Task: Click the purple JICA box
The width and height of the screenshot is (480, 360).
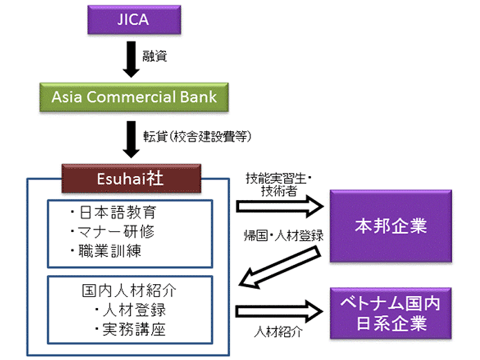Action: pos(134,20)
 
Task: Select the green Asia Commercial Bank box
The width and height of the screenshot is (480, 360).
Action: pos(134,97)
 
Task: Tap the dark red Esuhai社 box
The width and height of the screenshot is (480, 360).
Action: pos(131,178)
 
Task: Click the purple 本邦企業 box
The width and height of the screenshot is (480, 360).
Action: pos(391,226)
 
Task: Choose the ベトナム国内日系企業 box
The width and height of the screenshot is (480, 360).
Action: pos(391,313)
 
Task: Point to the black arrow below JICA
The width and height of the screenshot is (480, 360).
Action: pos(131,59)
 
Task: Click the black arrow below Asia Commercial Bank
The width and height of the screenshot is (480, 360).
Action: pos(131,139)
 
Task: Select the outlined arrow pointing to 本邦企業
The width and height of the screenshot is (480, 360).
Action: pos(280,206)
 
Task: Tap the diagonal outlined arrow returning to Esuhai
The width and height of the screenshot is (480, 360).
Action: pos(280,267)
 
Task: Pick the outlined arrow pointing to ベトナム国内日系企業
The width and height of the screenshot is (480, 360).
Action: pos(279,311)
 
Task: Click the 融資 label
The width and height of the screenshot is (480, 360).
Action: pos(155,56)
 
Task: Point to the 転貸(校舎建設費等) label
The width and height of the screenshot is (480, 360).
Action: pos(197,136)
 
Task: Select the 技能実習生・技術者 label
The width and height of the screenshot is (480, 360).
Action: pos(278,184)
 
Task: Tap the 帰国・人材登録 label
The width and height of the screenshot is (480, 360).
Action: pos(283,236)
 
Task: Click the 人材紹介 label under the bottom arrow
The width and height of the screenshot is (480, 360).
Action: pos(278,332)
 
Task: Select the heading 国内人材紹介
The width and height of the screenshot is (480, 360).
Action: pos(129,290)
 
